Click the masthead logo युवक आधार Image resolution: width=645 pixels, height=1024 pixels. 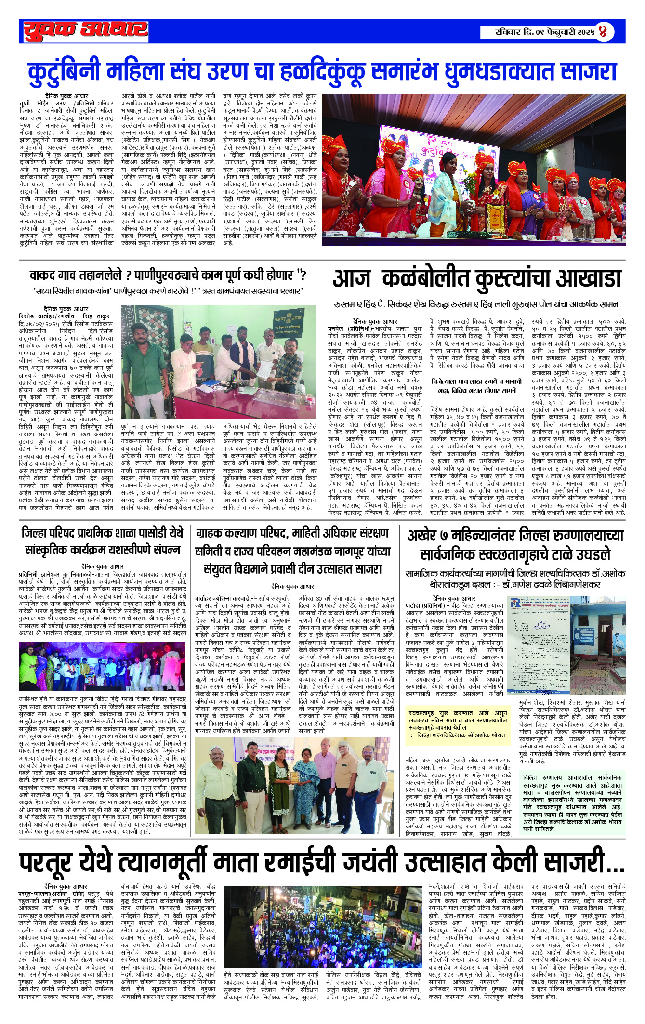point(86,31)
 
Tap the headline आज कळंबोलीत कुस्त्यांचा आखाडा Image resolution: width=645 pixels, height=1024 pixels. point(476,279)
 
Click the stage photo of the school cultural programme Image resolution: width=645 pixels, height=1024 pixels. point(102,667)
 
